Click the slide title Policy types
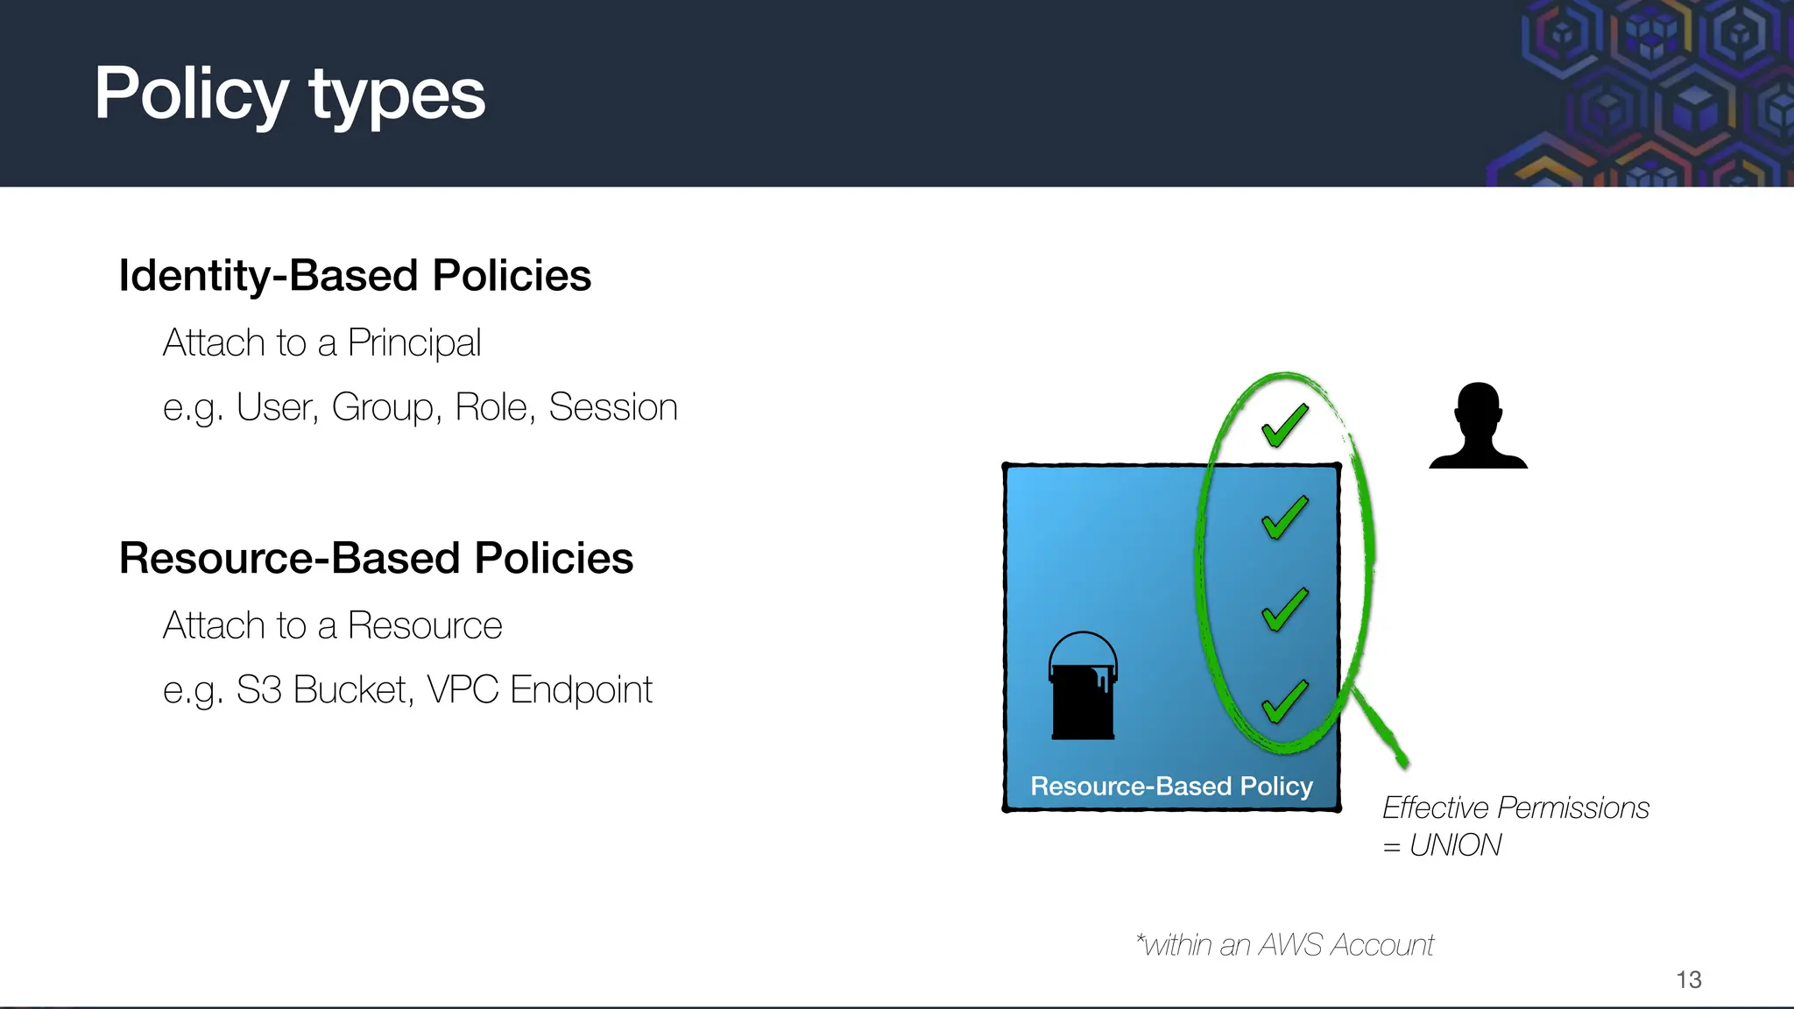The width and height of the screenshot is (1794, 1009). tap(289, 95)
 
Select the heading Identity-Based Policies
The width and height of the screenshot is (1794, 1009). tap(355, 276)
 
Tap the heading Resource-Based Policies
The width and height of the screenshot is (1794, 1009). tap(376, 559)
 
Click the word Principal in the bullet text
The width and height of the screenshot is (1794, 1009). tap(414, 343)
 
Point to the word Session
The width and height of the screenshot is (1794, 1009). tap(613, 407)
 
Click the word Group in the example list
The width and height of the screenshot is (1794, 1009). tap(384, 407)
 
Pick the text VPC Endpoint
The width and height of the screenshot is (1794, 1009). tap(540, 690)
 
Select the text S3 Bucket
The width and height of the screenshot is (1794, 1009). tap(322, 690)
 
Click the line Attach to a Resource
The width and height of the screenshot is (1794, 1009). tap(333, 626)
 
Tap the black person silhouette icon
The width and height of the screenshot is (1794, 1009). tap(1478, 427)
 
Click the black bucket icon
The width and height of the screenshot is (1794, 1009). tap(1083, 688)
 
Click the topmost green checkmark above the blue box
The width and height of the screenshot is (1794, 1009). tap(1284, 425)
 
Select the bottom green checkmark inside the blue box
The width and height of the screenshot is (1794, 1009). tap(1284, 701)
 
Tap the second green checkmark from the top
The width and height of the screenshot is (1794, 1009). tap(1284, 517)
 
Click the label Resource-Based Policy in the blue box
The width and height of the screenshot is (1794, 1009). tap(1171, 787)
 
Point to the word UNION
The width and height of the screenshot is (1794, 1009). tap(1455, 845)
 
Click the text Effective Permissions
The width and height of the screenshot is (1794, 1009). tap(1515, 808)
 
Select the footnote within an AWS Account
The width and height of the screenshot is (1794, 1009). tap(1285, 945)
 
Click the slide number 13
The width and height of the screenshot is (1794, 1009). tap(1688, 979)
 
